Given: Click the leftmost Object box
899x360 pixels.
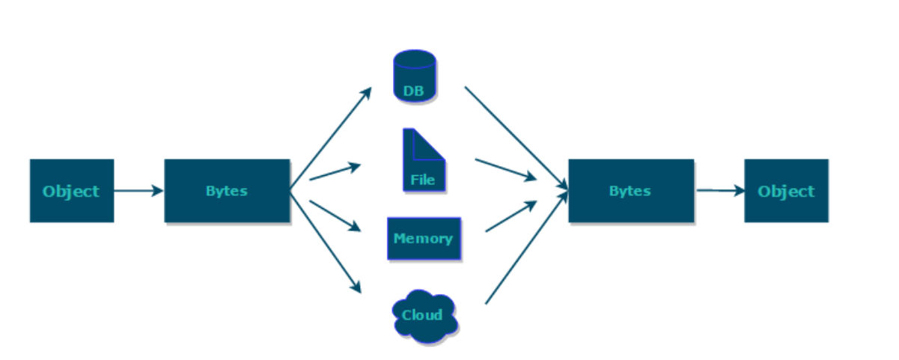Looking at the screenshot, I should tap(71, 191).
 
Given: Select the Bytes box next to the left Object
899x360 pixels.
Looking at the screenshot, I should tap(227, 191).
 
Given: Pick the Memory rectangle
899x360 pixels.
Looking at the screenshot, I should tap(423, 239).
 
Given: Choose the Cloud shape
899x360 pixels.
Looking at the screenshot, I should tap(424, 316).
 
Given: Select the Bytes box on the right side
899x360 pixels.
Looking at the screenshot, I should tap(630, 191).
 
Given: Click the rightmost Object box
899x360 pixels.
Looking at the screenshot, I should tap(786, 191).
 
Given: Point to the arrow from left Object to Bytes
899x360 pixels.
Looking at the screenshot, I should tap(138, 191).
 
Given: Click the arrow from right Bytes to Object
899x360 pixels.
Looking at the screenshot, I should tap(720, 191).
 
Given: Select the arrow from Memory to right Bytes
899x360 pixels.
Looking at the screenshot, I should tap(511, 216).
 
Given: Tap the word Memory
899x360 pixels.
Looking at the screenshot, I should tap(423, 239).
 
